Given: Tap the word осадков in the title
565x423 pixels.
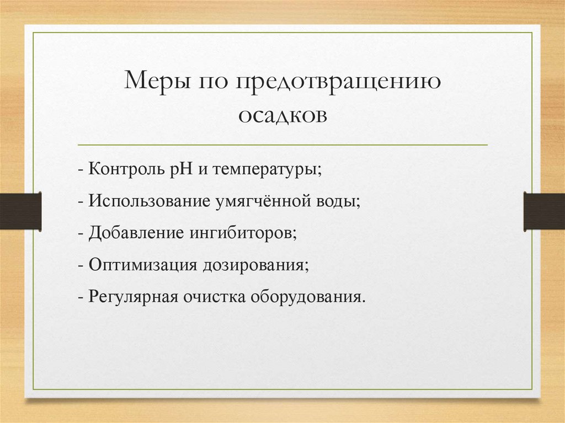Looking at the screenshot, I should [282, 115].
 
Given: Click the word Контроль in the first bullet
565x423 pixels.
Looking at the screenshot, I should [123, 168].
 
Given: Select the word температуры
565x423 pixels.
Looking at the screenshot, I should [265, 169].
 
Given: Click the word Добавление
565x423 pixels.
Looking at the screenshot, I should [134, 233].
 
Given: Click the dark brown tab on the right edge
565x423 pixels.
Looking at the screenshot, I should [544, 211].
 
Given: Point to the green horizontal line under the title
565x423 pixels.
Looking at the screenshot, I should [282, 145].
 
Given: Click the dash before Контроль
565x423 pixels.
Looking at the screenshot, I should [81, 169].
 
